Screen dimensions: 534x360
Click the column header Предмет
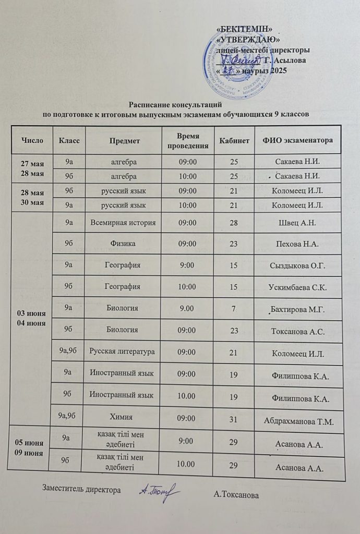click(124, 140)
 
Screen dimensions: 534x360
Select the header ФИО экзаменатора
click(298, 141)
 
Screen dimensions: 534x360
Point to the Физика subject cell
click(123, 244)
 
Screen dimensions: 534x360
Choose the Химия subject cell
click(124, 417)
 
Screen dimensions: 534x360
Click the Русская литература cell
click(123, 352)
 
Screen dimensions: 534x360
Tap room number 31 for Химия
click(234, 418)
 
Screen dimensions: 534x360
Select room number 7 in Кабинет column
click(233, 309)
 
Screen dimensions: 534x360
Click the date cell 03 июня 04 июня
click(32, 318)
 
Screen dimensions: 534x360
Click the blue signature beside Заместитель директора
click(159, 491)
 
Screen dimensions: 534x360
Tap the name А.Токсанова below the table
click(236, 494)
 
